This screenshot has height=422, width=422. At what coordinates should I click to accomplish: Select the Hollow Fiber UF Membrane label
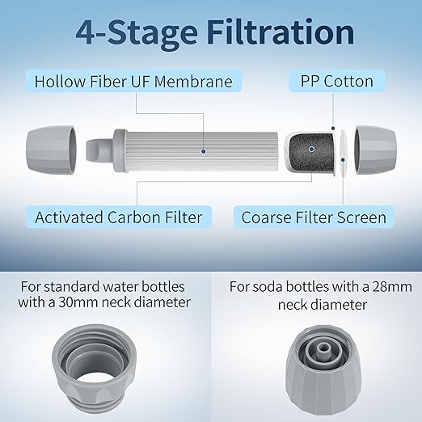[133, 81]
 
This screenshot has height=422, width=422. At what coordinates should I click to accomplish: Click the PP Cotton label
[336, 81]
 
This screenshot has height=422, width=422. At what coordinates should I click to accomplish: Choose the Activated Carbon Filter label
[118, 217]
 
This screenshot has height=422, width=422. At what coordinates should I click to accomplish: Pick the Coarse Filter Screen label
[314, 217]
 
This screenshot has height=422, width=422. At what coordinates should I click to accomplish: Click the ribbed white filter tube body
[202, 151]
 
